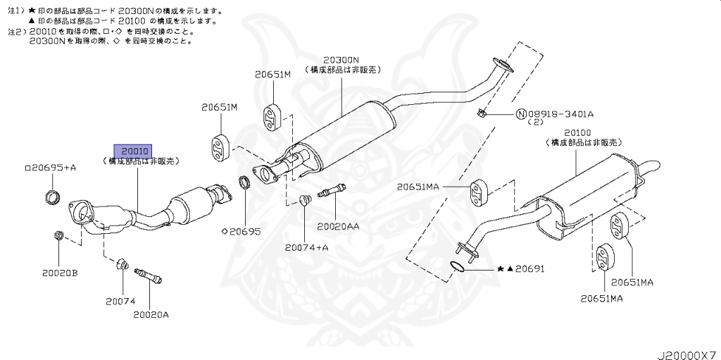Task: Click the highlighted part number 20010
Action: pos(134,151)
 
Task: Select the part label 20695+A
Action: pos(51,168)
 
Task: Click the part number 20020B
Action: pos(59,272)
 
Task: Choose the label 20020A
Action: pos(151,314)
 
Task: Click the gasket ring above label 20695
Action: pos(245,183)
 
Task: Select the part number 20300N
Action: pos(341,61)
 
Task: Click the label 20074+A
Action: pos(307,247)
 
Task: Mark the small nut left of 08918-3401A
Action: pos(481,113)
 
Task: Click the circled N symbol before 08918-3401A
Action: pos(521,114)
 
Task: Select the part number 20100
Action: pos(577,132)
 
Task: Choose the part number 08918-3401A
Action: pos(560,114)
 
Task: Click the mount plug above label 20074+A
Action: pos(305,200)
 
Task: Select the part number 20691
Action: pos(530,269)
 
